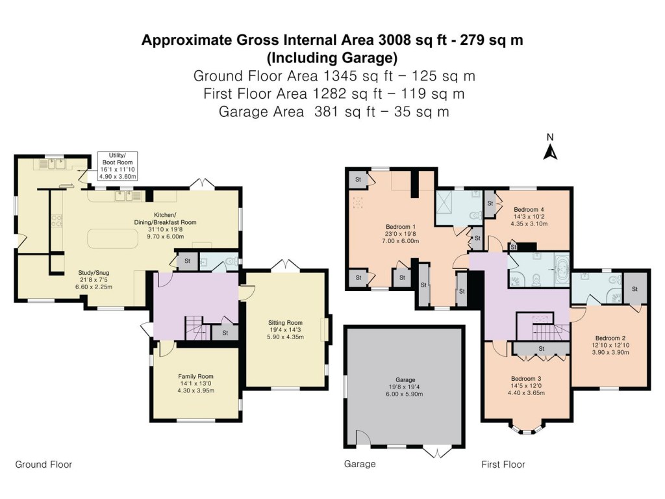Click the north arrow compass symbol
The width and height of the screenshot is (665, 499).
coord(550,150)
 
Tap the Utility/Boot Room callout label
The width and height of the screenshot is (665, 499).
coord(115,166)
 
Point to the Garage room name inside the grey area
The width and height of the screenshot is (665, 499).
coord(405,379)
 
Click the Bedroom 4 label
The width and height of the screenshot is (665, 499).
coord(528,209)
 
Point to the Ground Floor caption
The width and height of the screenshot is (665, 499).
coord(44,464)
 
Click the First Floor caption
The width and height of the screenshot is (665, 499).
coord(503,464)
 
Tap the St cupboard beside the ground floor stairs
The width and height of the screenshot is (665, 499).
coord(225,333)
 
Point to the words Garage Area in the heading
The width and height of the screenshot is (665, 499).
coord(262,111)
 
